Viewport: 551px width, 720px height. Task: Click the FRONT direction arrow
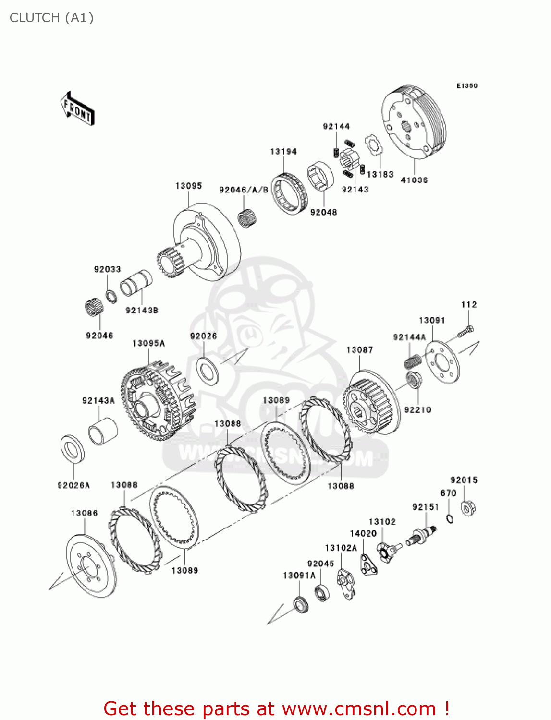(77, 108)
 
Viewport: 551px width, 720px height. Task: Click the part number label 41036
(414, 180)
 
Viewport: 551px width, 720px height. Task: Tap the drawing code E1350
(466, 86)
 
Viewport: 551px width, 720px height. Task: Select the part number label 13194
(283, 151)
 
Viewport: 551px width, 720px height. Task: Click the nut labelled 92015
(468, 508)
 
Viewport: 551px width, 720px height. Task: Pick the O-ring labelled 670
(450, 518)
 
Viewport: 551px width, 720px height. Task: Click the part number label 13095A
(148, 343)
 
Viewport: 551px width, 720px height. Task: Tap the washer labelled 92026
(208, 370)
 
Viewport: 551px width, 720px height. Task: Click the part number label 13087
(360, 350)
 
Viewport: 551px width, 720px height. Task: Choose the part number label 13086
(84, 513)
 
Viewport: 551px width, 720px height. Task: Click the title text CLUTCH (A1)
(51, 18)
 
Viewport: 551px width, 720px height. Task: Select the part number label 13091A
(299, 576)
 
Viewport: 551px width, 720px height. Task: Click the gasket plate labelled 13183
(373, 145)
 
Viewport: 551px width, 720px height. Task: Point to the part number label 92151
(426, 507)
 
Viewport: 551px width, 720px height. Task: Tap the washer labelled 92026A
(73, 449)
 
